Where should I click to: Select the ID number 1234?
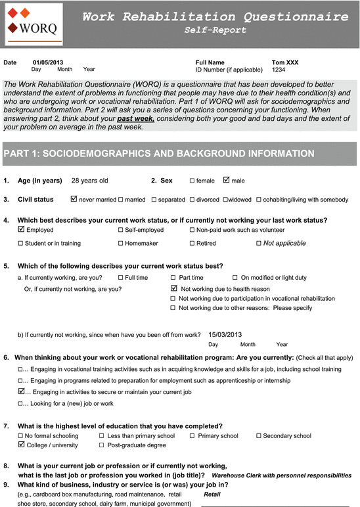[279, 70]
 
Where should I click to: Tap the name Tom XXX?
[284, 62]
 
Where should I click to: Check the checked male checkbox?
[227, 180]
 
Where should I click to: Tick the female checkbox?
[192, 181]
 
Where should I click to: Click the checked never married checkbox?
[74, 199]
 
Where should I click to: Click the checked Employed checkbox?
[21, 230]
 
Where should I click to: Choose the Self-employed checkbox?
[120, 231]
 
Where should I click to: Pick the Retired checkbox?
[192, 244]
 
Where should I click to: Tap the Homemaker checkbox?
[120, 244]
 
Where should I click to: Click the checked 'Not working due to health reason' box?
[173, 288]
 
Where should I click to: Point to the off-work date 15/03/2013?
[225, 334]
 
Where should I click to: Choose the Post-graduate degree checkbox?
[102, 445]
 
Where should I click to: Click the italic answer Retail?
[212, 494]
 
